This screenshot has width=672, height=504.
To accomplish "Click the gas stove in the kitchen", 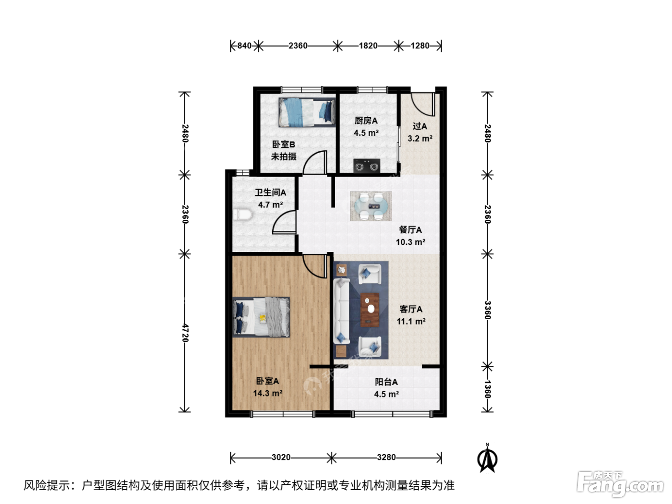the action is (x=367, y=166).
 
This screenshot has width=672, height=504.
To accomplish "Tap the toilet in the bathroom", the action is (x=242, y=215).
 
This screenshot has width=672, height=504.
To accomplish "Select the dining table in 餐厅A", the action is (x=371, y=206).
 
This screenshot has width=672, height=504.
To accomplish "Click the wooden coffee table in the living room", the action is (x=370, y=310).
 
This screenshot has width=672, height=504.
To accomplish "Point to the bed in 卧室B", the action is (x=307, y=112).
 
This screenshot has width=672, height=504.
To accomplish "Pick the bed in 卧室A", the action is (x=261, y=317).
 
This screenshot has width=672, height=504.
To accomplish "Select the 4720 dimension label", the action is (x=185, y=333).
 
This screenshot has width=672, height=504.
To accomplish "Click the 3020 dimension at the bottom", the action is (x=281, y=457).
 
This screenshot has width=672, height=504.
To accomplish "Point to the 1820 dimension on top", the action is (x=368, y=46).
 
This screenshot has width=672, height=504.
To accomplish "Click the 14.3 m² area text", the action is (x=267, y=393).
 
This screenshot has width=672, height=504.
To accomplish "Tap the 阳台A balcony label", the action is (x=386, y=382).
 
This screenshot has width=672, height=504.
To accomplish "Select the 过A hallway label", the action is (x=420, y=126).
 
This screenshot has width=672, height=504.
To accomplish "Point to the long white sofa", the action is (x=341, y=310).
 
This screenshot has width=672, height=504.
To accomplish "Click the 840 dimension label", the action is (x=244, y=46).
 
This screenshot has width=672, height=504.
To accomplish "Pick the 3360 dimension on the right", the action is (x=487, y=310).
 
